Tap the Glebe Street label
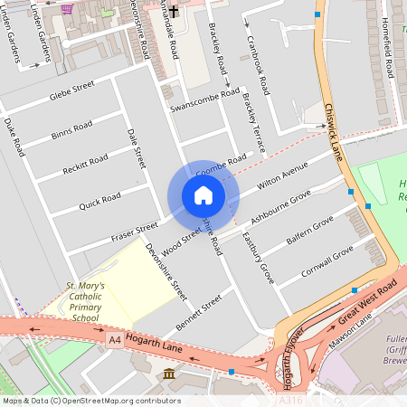[72, 90]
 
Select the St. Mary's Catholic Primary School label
[85, 301]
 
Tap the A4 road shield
[114, 340]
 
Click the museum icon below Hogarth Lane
[169, 374]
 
